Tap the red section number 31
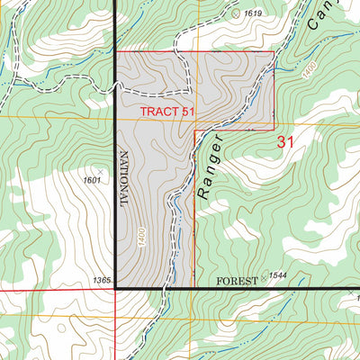point(286,141)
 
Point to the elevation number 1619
point(252,13)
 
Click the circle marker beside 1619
point(237,13)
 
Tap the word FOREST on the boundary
point(238,282)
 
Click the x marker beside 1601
point(100,168)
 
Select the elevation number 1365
point(101,282)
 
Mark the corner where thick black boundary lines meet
point(116,289)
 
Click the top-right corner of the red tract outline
point(274,51)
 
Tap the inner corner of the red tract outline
point(194,130)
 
